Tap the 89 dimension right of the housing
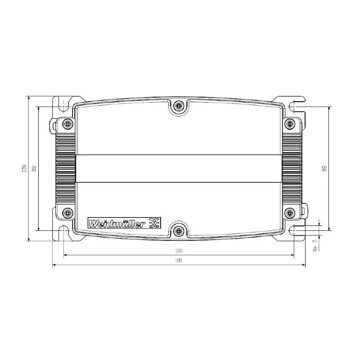[324, 168]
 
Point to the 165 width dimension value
[179, 251]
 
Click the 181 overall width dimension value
[179, 261]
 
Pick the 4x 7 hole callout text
[315, 244]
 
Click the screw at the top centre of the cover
[179, 106]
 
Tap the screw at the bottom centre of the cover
[179, 231]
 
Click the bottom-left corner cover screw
[68, 212]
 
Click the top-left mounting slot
[63, 104]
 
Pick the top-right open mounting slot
[296, 106]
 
